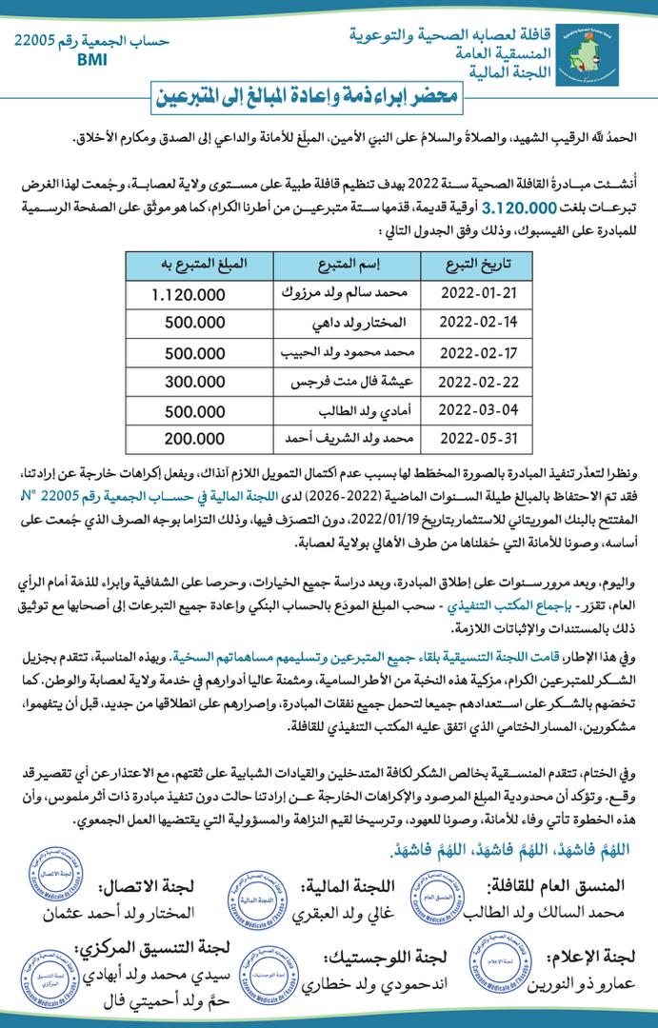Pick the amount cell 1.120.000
[x=189, y=294]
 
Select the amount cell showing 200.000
[x=189, y=440]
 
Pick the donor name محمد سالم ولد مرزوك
[x=333, y=294]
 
